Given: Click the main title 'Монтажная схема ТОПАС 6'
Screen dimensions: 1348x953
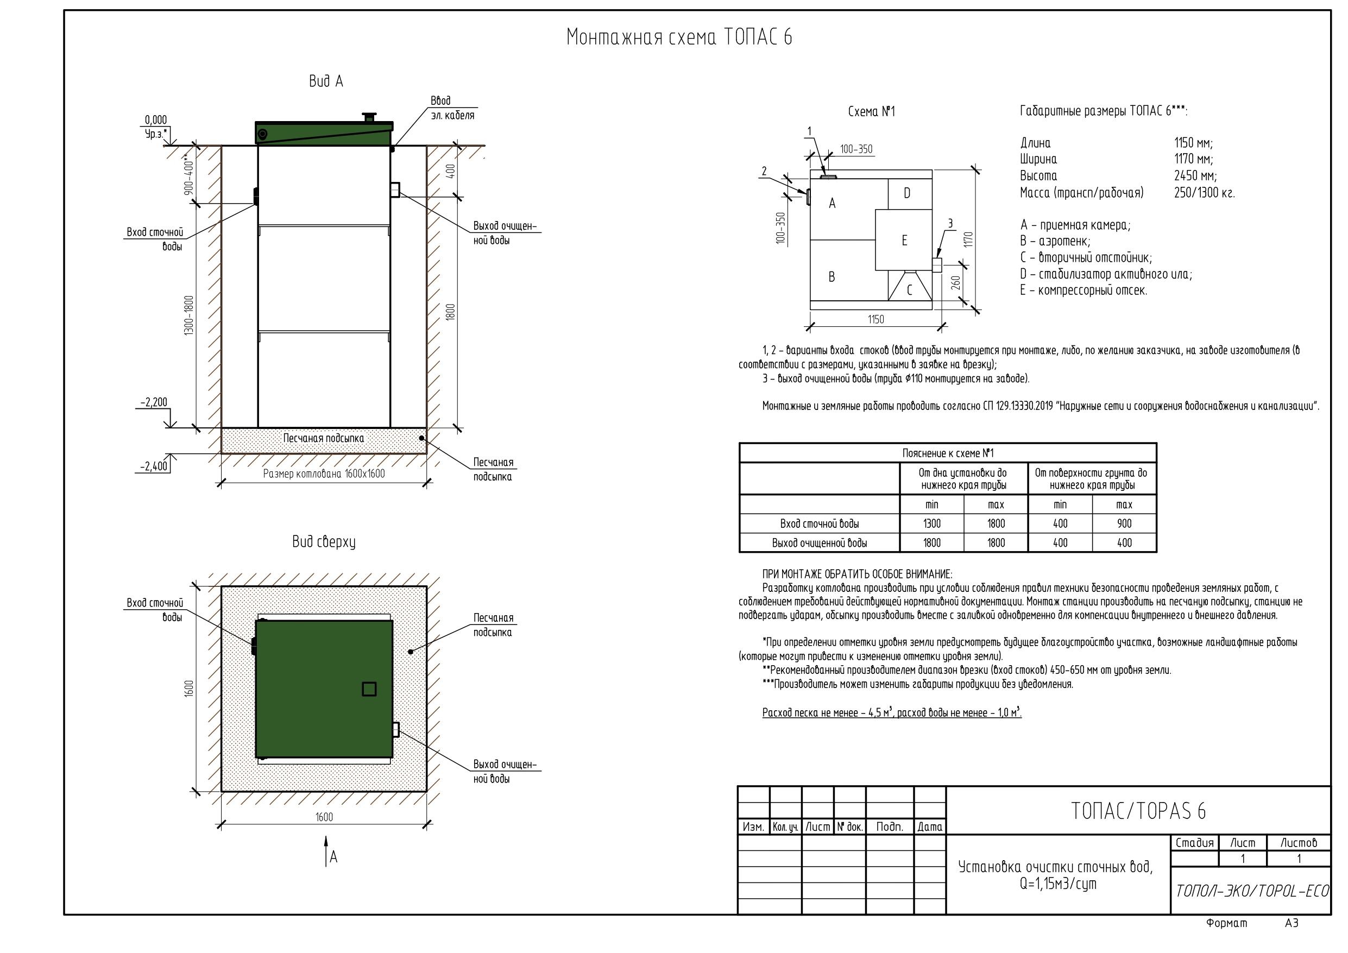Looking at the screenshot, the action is point(679,37).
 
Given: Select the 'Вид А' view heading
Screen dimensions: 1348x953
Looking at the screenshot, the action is point(326,81).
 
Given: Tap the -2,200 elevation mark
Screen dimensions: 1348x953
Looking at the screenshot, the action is point(154,402).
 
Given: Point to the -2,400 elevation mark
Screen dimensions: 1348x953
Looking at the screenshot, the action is point(154,466).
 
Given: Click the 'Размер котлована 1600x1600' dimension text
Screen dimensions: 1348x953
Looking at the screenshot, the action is point(324,474).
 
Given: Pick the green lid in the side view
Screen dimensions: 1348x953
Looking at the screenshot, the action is point(324,132).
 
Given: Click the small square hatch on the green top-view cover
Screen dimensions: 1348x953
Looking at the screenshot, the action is point(369,689).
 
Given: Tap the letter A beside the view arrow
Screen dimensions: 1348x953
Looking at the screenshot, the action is point(333,857).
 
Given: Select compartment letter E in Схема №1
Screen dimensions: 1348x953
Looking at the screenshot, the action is point(904,240).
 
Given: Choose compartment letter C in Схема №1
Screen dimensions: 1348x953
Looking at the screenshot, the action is point(909,289).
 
